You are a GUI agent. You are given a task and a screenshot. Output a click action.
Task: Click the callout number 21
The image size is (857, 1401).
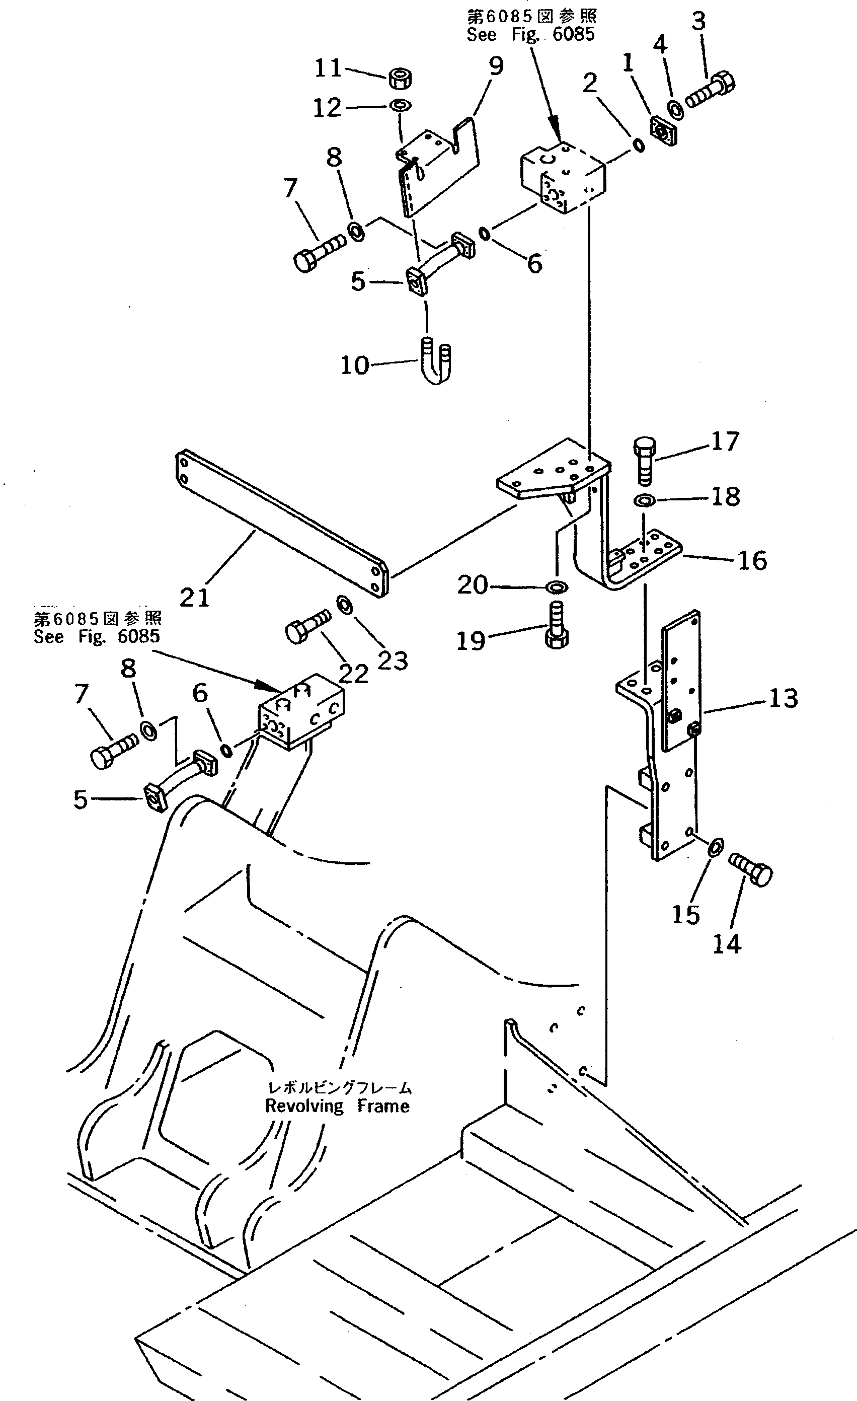(195, 598)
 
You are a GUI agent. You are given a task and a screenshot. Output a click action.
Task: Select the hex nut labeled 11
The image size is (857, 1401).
(401, 78)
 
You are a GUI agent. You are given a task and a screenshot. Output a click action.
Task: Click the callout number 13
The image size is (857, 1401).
(783, 698)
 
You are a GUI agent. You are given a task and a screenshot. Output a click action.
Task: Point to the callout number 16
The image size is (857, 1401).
(752, 561)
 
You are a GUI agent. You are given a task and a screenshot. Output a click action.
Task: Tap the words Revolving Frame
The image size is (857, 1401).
(338, 1107)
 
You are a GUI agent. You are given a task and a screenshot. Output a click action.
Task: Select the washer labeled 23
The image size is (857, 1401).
(344, 606)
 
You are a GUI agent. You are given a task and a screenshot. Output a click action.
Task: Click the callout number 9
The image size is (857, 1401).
(496, 67)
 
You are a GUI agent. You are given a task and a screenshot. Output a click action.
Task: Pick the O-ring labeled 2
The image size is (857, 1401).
(639, 145)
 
